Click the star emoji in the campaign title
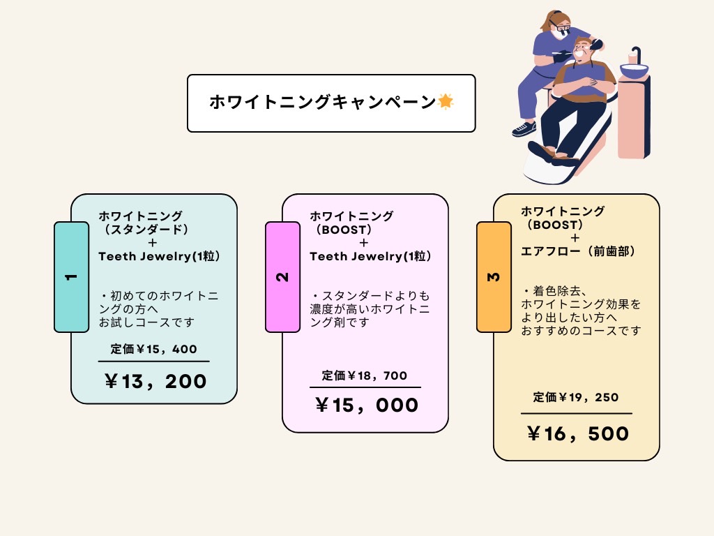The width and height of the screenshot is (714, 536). [446, 101]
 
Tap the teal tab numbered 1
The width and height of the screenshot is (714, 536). [72, 277]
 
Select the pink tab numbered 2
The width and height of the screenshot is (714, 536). [283, 277]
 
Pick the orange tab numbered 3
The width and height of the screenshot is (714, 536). [494, 277]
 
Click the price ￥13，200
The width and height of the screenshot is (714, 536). [155, 382]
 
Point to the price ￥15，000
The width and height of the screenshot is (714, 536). [367, 405]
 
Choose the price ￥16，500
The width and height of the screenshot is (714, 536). [578, 434]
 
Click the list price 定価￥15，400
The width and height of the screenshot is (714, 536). [153, 349]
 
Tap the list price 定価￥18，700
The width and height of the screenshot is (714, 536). [364, 375]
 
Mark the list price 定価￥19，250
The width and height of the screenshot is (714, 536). [575, 397]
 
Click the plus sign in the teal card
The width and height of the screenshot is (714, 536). [153, 243]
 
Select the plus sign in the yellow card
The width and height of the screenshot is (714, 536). [575, 238]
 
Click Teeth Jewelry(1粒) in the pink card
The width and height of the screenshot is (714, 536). [370, 256]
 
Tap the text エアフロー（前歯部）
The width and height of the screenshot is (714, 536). [578, 251]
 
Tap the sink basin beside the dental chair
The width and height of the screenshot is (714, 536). [633, 70]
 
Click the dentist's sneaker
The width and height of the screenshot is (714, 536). [524, 128]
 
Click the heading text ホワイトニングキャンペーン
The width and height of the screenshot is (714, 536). [322, 102]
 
